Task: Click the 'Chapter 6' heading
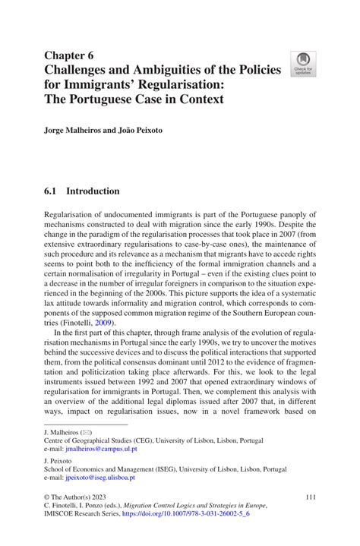68,55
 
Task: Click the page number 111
308,497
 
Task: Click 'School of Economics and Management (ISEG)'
115,469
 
